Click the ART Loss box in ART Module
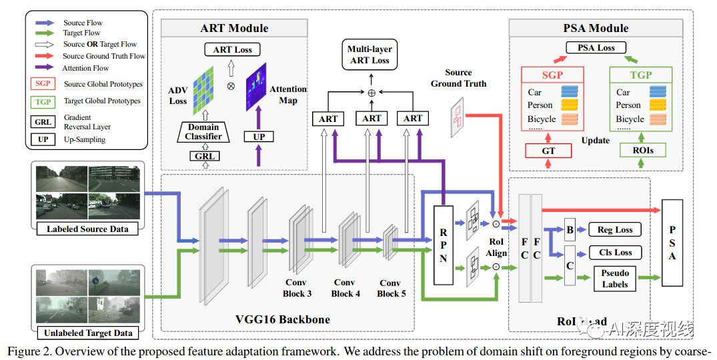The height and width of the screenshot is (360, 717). [x=231, y=49]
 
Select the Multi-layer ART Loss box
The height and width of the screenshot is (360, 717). [x=370, y=55]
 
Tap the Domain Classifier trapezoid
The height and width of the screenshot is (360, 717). [x=203, y=131]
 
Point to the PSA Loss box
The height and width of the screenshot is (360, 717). [x=596, y=48]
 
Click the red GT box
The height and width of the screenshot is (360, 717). [x=548, y=151]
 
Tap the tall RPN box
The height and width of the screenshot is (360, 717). [x=443, y=243]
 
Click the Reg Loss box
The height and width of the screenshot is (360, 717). [x=614, y=229]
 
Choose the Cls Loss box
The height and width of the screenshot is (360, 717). [x=614, y=253]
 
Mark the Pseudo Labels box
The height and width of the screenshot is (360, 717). [x=614, y=279]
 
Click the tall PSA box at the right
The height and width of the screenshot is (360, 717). [x=672, y=243]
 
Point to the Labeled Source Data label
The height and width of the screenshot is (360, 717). [x=87, y=229]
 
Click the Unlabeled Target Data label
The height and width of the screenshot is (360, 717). [x=87, y=333]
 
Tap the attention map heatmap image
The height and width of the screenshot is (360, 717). [x=255, y=87]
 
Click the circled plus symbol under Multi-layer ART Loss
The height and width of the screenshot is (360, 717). [x=372, y=92]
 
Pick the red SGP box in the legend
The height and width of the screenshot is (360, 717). [x=43, y=85]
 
